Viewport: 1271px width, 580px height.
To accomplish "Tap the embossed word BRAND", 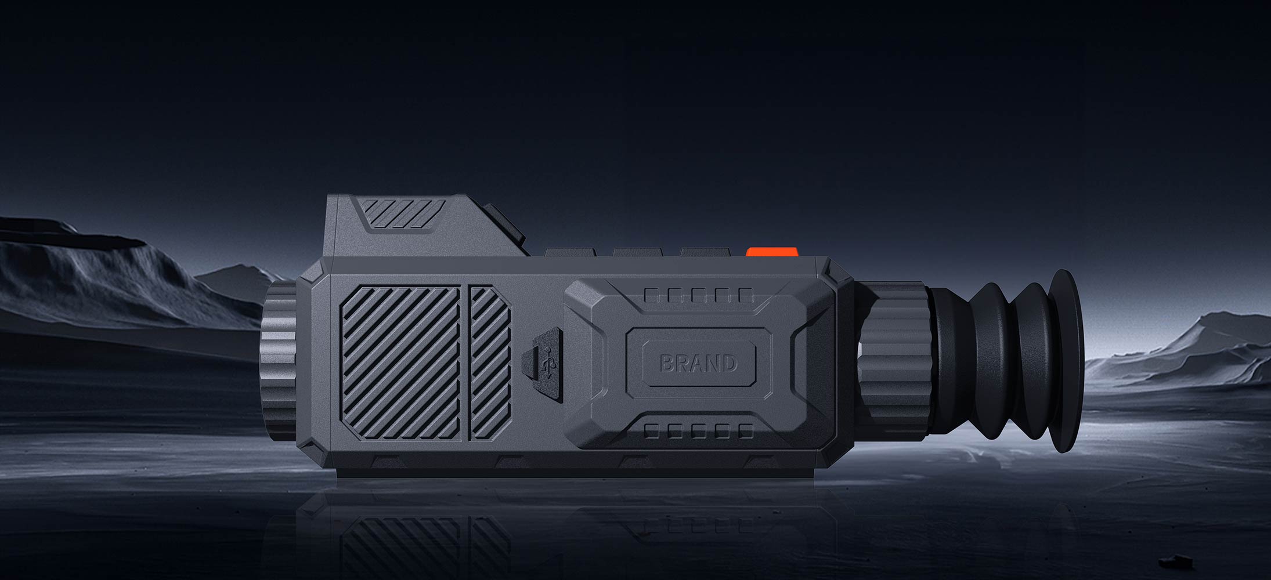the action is [699, 364].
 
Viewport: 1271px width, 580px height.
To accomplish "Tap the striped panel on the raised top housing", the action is [403, 212].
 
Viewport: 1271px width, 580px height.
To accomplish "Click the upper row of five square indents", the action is [699, 296].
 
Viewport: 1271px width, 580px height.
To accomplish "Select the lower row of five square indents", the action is [699, 430].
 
